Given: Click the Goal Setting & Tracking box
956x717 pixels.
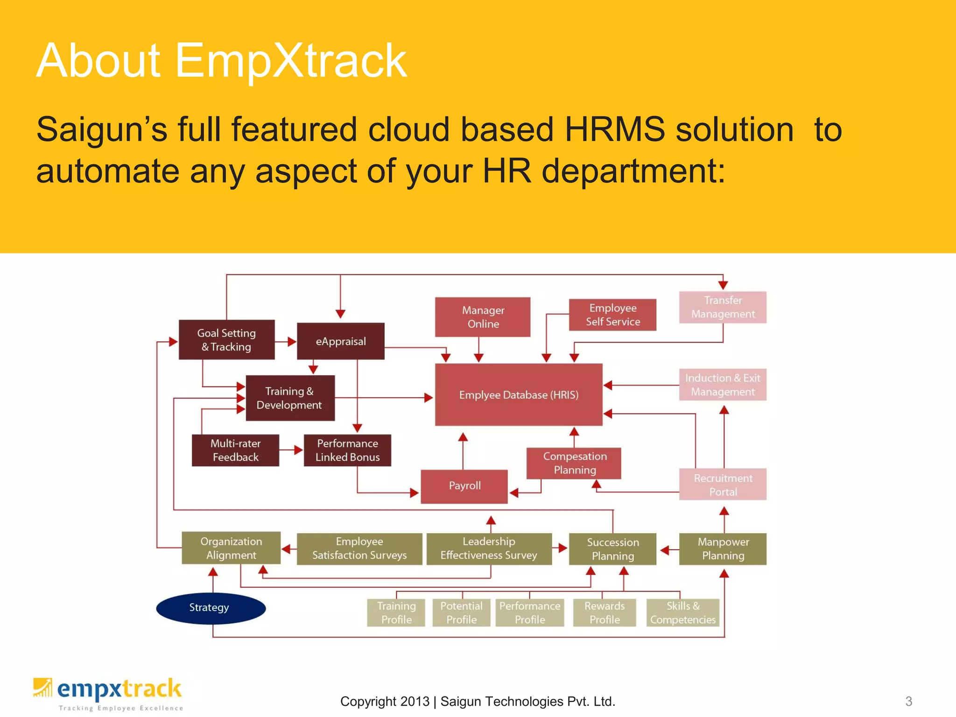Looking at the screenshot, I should coord(226,340).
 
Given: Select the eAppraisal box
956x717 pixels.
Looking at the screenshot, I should coord(341,341).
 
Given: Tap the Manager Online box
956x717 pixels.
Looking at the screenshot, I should coord(483,317).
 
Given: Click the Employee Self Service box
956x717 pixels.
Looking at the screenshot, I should coord(612,315).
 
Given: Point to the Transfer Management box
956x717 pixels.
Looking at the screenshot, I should coord(723,307).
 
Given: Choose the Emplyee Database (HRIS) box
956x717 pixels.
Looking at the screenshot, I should coord(518,395).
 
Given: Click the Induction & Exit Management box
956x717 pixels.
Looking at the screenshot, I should coord(723,385).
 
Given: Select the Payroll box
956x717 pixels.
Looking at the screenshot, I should coord(464,486).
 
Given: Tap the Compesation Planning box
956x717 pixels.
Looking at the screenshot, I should coord(574,463).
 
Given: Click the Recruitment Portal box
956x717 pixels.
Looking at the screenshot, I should coord(723,485).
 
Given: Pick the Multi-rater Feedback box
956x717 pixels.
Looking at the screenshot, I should coord(235,450).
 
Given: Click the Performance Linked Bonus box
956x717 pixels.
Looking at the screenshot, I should coord(347,450).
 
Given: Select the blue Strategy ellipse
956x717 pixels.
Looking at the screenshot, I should coord(211,608).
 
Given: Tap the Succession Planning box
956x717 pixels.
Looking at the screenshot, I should coord(612,549).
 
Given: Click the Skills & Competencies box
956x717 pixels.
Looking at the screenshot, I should coord(682,612).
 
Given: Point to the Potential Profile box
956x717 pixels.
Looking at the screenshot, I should coord(461,612).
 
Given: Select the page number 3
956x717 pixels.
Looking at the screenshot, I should coord(908,701).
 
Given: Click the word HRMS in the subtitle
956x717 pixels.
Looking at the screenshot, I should coord(614,129).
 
